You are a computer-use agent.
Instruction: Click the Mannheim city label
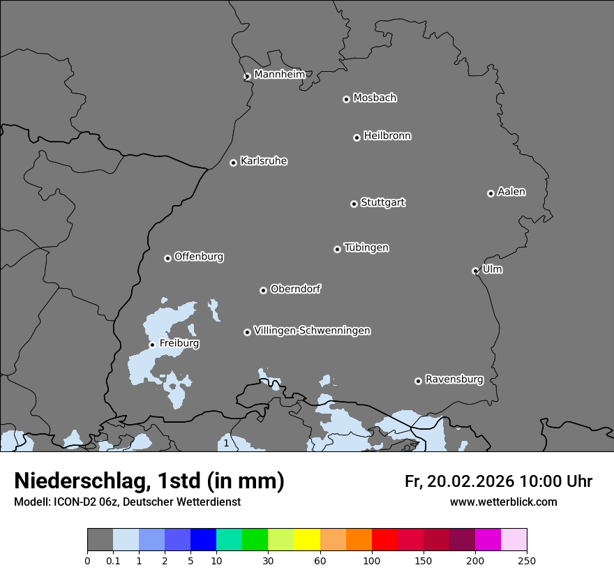pos(279,75)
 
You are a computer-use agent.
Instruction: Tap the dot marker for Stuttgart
pos(354,204)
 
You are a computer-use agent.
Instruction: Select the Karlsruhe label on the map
pos(264,161)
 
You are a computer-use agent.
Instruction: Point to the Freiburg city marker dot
pos(152,345)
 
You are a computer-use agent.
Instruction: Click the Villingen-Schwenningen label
pos(312,331)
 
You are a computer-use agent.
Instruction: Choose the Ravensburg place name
pos(454,379)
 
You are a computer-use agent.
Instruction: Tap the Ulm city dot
pos(475,271)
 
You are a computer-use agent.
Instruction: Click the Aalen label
pos(511,192)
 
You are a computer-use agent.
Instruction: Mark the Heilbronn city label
pos(387,136)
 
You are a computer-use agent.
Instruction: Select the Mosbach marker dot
pos(346,99)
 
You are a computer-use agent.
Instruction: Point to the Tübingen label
pos(366,248)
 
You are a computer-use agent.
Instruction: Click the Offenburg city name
pos(199,257)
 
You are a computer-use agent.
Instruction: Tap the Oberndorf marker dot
pos(263,290)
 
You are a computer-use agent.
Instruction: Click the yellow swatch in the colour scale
pos(307,540)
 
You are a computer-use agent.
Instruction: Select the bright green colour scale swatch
pos(255,540)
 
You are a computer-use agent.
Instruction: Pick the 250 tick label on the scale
pos(527,560)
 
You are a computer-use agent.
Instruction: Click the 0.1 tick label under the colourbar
pos(113,560)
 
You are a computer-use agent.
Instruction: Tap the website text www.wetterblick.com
pos(504,502)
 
